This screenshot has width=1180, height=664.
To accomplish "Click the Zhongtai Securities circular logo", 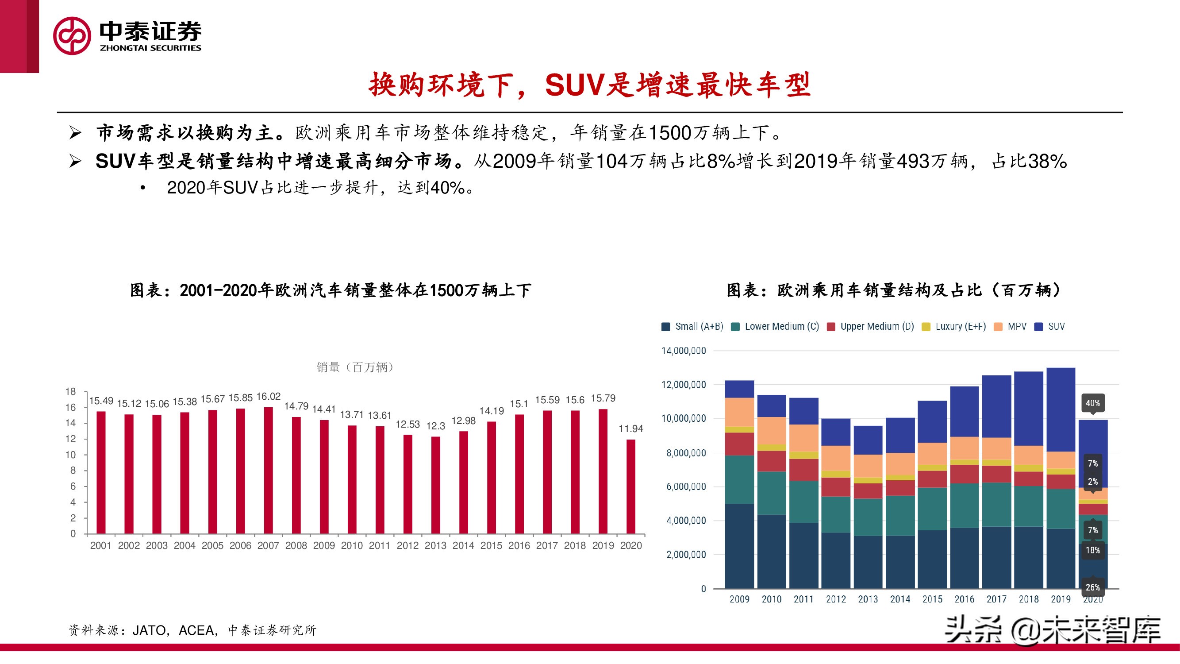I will [x=72, y=36].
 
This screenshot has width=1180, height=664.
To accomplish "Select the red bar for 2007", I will [x=269, y=470].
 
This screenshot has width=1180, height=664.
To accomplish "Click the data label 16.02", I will [x=269, y=396].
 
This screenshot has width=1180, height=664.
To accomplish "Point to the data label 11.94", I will [x=631, y=429].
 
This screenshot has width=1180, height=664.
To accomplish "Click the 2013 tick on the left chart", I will [x=435, y=545].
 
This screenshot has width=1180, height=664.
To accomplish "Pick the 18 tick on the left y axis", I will [x=70, y=391].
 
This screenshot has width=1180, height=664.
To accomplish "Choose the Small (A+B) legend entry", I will [x=692, y=326].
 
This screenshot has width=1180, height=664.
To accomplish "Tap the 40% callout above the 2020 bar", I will [x=1092, y=403].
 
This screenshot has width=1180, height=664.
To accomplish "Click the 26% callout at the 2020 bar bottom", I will [x=1092, y=587].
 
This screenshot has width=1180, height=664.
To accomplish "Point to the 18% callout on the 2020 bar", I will [x=1092, y=550].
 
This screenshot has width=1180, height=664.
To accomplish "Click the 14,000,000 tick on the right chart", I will [x=684, y=351].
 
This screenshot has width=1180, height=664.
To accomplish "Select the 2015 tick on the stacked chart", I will [x=932, y=599].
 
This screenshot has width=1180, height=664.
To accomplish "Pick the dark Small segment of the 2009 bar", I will [x=739, y=545].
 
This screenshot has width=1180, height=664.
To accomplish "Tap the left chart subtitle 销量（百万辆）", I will [x=355, y=367].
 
